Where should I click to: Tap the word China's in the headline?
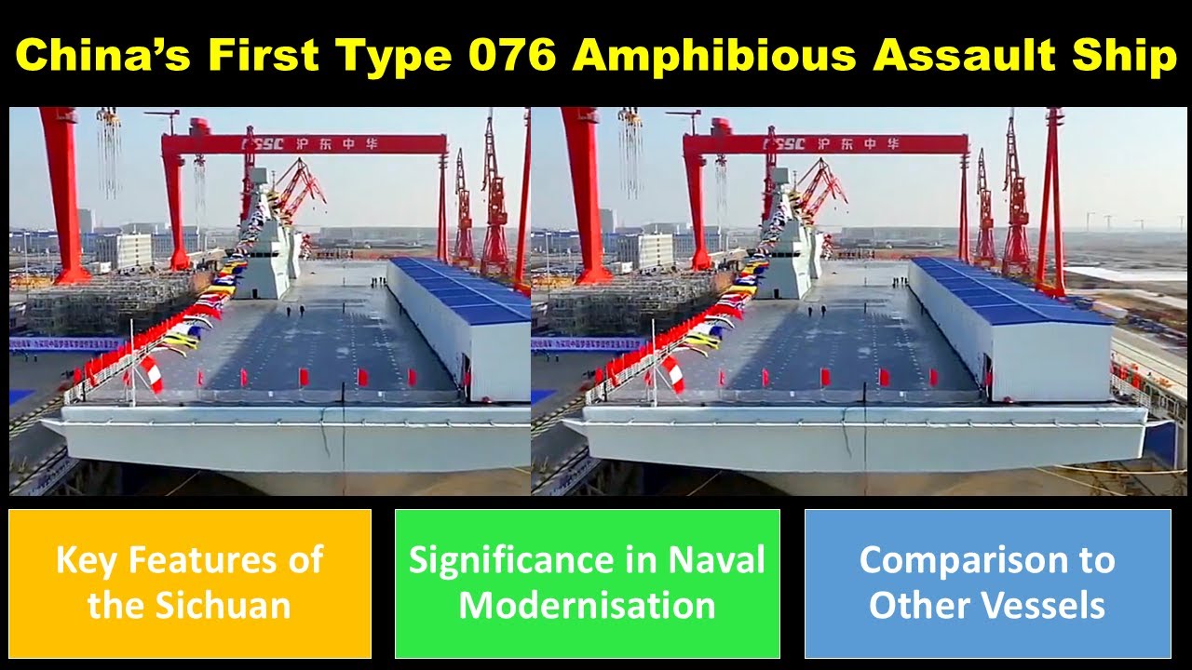point(102,56)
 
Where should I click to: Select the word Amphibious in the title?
point(713,56)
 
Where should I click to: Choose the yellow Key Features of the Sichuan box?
point(189,583)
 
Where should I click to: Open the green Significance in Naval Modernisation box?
point(587,583)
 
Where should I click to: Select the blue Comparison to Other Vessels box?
point(987,583)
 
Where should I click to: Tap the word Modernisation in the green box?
point(587,606)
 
